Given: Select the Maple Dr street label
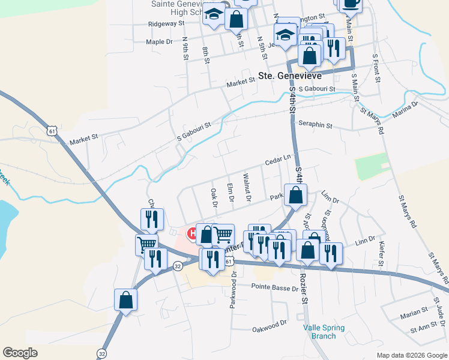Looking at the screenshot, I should (x=159, y=42).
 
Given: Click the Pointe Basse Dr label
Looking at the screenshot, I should (x=276, y=289).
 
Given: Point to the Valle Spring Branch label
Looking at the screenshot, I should (x=324, y=332).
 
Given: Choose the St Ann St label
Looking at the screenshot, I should (x=421, y=329).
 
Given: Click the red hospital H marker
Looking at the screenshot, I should (x=193, y=233).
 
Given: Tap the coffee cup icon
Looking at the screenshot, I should (x=351, y=3).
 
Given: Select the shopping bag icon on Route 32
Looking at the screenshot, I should (x=125, y=299).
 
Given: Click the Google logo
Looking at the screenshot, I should (x=20, y=353).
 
